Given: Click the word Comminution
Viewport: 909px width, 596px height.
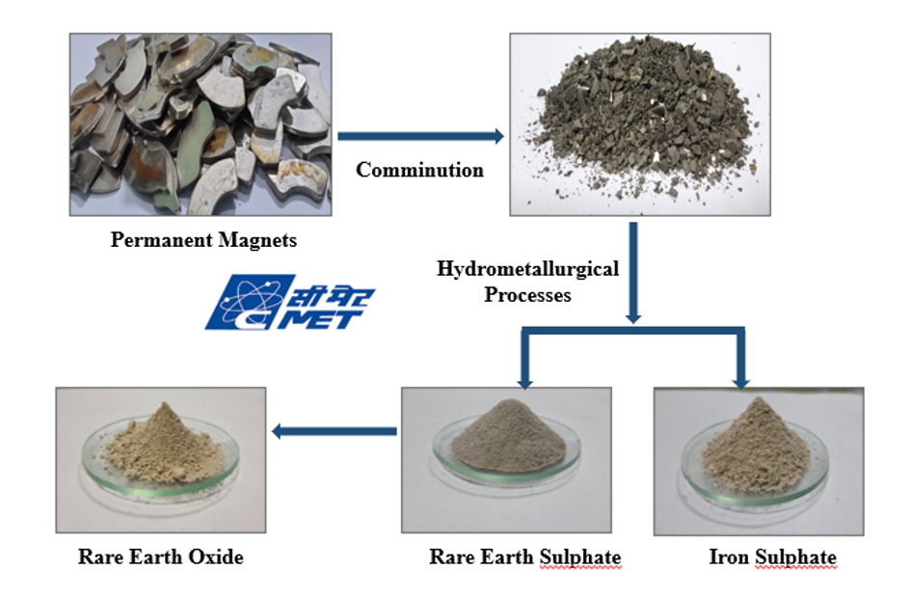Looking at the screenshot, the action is point(419,170).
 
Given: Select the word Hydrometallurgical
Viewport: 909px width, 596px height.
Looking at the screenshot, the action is point(527,269).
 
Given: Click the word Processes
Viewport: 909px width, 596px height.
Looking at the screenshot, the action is point(527,294).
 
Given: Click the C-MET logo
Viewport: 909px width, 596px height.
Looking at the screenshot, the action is point(290,302).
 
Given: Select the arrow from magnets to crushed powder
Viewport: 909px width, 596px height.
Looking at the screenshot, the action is point(421,136).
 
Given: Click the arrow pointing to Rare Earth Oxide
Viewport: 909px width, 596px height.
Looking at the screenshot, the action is point(334,431).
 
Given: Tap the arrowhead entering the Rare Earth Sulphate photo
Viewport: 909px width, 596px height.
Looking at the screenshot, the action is point(524,383).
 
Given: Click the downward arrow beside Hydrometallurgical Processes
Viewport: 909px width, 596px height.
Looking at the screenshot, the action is point(633,273).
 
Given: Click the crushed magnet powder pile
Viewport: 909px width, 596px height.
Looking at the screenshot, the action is point(644,116).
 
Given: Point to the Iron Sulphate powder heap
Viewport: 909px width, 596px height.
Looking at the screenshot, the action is point(757,447).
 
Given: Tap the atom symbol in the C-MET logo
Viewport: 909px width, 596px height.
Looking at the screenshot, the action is point(251,300).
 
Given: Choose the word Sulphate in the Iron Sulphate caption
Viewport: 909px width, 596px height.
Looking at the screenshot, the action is point(796,557).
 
